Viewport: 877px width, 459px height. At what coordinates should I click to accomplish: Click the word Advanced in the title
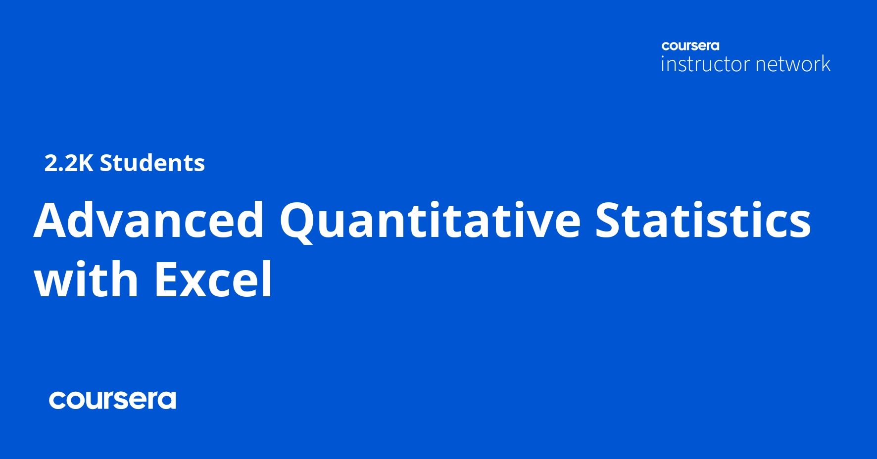[x=149, y=220]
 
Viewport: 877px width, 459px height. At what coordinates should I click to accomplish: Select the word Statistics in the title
[x=703, y=220]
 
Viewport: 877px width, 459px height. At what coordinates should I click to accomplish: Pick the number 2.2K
[x=69, y=163]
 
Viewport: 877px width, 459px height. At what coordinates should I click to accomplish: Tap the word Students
[x=152, y=163]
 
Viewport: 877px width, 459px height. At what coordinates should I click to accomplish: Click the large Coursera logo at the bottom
[x=112, y=400]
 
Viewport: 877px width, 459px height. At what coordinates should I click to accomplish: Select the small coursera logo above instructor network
[x=690, y=46]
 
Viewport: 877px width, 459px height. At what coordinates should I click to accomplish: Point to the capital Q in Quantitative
[x=298, y=222]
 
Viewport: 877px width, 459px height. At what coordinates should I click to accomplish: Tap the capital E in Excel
[x=167, y=279]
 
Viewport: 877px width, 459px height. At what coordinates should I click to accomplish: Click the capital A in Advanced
[x=53, y=221]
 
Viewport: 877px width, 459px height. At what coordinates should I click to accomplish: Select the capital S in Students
[x=106, y=163]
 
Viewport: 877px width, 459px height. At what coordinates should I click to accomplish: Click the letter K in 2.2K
[x=85, y=163]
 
